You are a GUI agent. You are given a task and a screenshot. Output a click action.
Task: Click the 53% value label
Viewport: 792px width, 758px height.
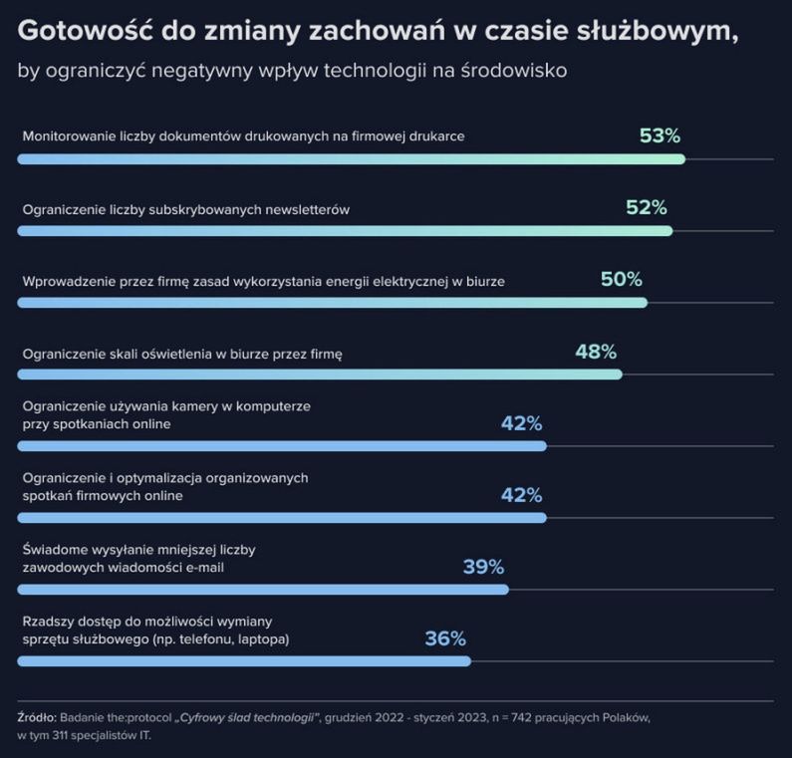click(660, 135)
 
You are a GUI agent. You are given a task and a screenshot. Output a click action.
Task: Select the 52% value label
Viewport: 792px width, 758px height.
click(646, 207)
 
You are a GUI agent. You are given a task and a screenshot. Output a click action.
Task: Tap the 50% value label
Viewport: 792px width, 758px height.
click(621, 280)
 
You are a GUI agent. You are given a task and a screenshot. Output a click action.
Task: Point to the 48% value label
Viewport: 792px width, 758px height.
click(596, 352)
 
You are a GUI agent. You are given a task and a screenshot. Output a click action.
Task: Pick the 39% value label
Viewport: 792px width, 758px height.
click(483, 567)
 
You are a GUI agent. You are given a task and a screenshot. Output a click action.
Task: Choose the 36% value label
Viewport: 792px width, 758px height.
click(445, 638)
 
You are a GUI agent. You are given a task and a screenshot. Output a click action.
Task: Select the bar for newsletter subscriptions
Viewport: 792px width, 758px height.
click(345, 231)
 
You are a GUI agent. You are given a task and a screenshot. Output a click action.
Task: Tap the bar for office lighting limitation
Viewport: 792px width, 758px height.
click(320, 375)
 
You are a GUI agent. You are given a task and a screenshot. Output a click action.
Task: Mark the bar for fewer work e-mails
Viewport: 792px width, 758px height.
click(263, 590)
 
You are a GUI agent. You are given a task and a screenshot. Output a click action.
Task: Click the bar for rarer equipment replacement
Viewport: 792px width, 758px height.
click(244, 660)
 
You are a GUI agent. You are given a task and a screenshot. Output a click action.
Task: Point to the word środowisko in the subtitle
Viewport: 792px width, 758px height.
click(516, 73)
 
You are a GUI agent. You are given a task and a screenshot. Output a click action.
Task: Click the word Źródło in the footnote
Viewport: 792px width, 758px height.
click(36, 717)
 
